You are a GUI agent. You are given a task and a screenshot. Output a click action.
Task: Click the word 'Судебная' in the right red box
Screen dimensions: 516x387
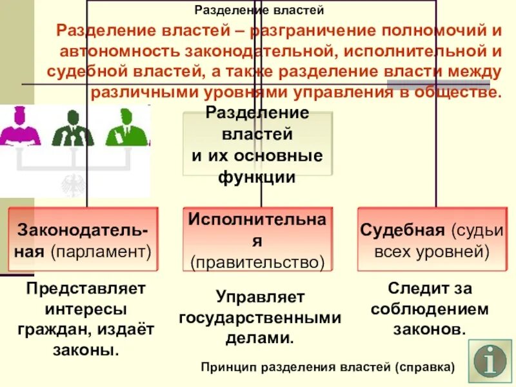[x=402, y=231]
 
